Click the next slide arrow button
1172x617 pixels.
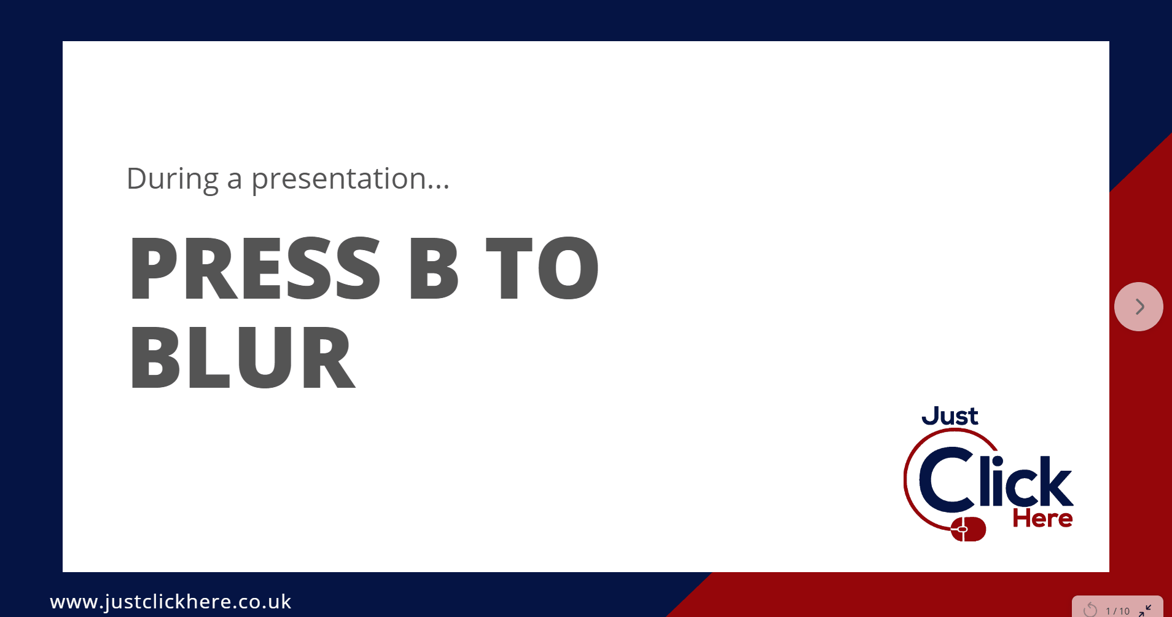click(1138, 307)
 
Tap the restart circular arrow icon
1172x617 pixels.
click(1090, 610)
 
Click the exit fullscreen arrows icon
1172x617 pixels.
click(1145, 610)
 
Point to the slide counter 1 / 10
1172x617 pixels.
click(1117, 611)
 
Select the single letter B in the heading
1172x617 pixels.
click(434, 269)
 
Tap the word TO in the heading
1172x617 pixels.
click(542, 269)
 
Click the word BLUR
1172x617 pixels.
click(242, 357)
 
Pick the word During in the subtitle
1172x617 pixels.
click(172, 179)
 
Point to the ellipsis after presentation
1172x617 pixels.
click(438, 187)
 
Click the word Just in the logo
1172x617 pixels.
click(950, 416)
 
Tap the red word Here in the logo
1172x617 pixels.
click(1042, 519)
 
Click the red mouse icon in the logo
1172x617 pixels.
click(968, 529)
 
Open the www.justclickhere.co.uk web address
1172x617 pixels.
click(171, 602)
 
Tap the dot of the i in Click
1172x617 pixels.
click(997, 462)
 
